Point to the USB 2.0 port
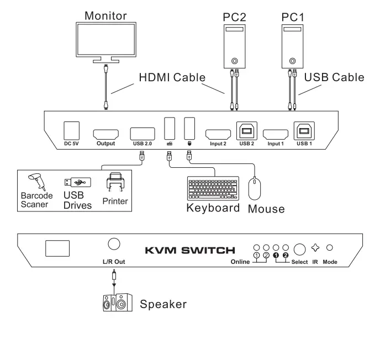pyautogui.click(x=143, y=134)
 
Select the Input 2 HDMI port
pyautogui.click(x=218, y=134)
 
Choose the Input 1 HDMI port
pyautogui.click(x=276, y=134)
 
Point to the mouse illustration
pyautogui.click(x=255, y=188)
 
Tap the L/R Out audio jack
pyautogui.click(x=113, y=244)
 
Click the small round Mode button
pyautogui.click(x=331, y=248)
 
